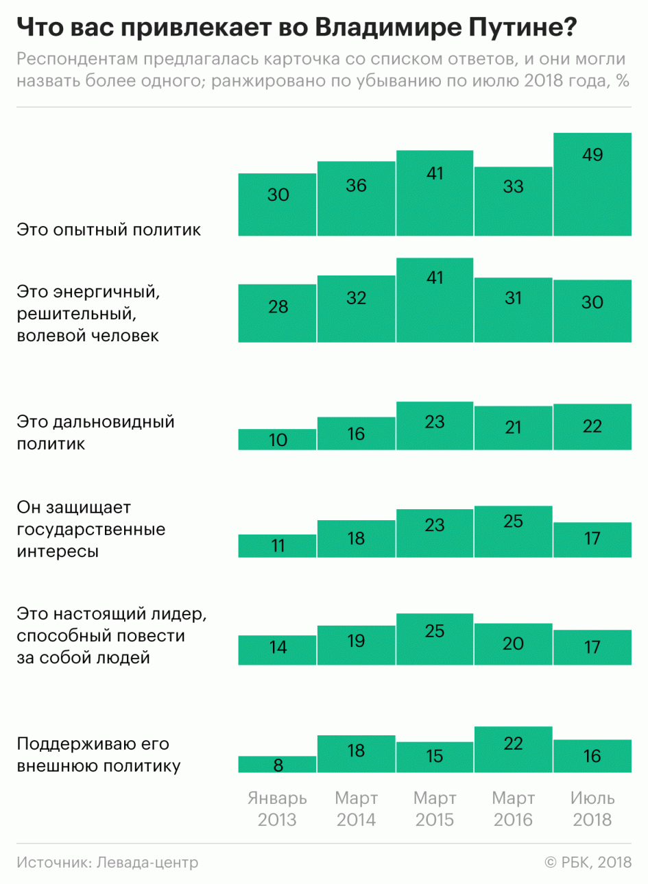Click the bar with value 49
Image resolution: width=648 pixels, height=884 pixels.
592,184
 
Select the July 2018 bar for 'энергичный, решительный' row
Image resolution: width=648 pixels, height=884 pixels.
592,311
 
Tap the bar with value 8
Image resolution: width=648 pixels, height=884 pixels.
278,765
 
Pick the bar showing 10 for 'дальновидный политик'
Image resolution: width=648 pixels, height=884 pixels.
278,440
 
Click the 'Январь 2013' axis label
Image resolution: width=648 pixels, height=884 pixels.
278,809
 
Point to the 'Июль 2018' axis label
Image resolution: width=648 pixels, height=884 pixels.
592,809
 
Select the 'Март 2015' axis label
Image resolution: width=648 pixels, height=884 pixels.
435,809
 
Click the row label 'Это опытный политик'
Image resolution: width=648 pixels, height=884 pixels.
109,230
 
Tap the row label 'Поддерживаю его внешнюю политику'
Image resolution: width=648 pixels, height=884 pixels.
99,754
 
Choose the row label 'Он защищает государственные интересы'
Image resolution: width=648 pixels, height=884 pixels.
91,529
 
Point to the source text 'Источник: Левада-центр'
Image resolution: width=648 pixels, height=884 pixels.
108,862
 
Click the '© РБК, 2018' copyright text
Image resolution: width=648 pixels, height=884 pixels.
588,862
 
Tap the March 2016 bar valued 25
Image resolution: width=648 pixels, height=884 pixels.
514,532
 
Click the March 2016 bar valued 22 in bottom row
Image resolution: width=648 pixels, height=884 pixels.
514,750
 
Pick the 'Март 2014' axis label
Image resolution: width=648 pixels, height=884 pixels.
356,809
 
